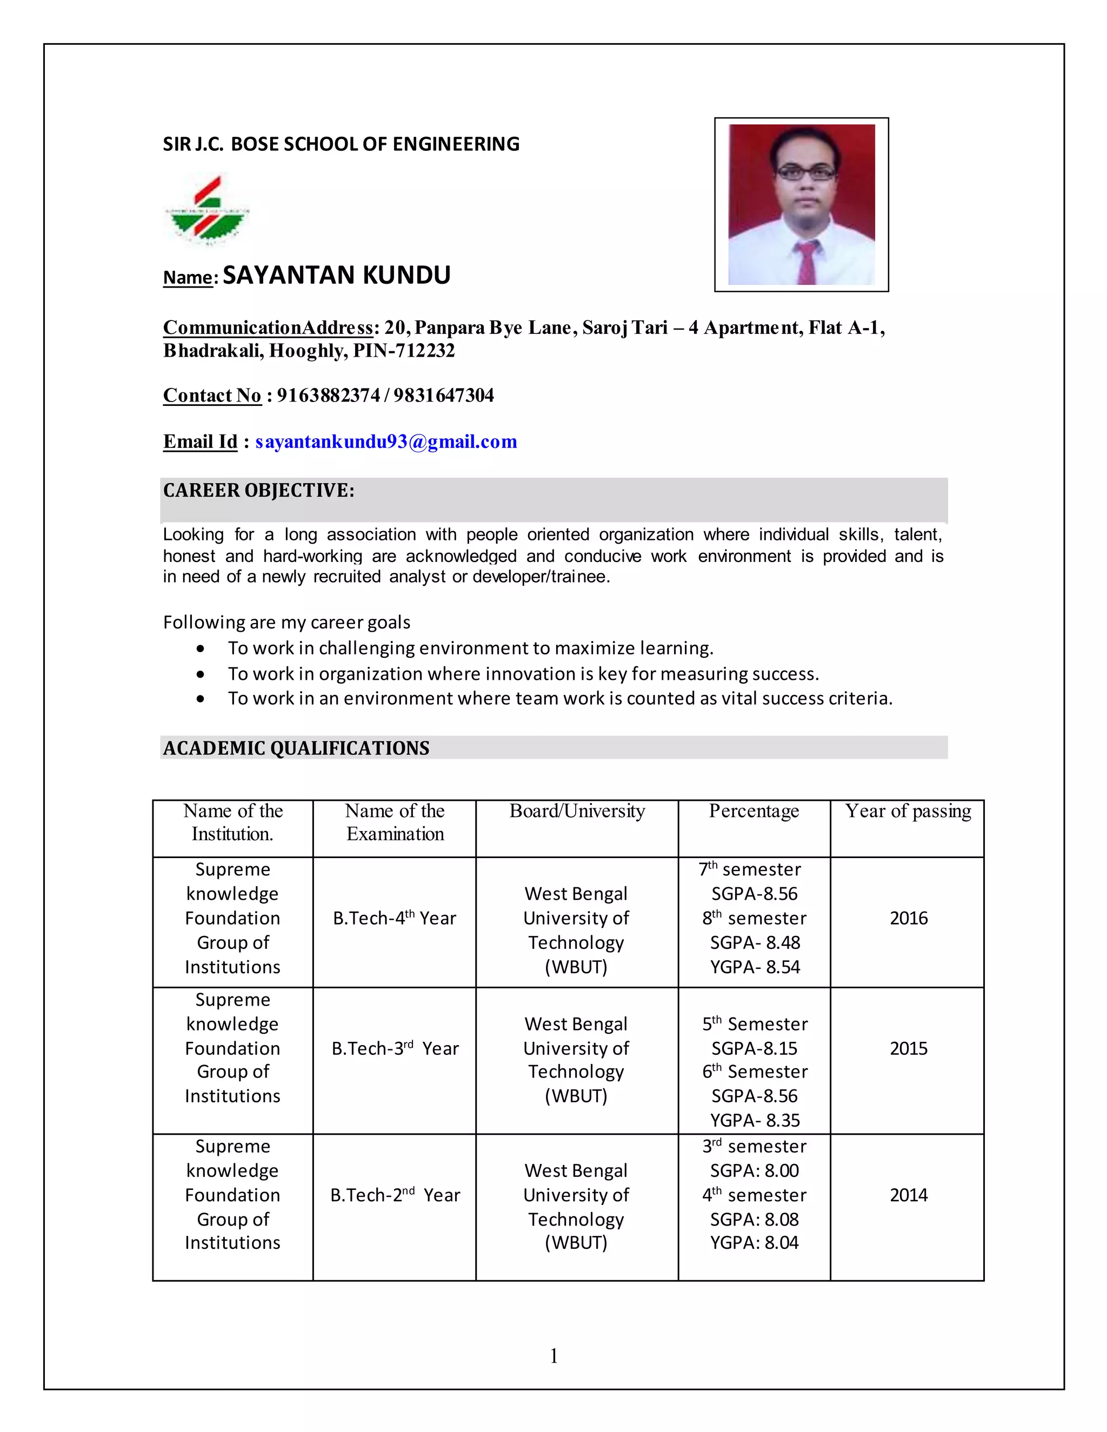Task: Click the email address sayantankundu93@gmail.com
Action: pos(386,442)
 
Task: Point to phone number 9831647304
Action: pos(443,396)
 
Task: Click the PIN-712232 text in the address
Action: pos(403,351)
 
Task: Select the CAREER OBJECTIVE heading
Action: pos(258,491)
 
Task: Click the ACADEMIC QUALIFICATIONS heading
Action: pos(296,748)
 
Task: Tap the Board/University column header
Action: pos(577,811)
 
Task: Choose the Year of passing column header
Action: pos(908,811)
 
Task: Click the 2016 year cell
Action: pos(908,918)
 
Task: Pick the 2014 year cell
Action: pos(908,1195)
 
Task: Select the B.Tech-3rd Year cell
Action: pos(395,1048)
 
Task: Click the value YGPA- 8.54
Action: pos(755,967)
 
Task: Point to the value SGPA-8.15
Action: pos(754,1048)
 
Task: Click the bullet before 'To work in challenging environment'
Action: pos(200,649)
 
